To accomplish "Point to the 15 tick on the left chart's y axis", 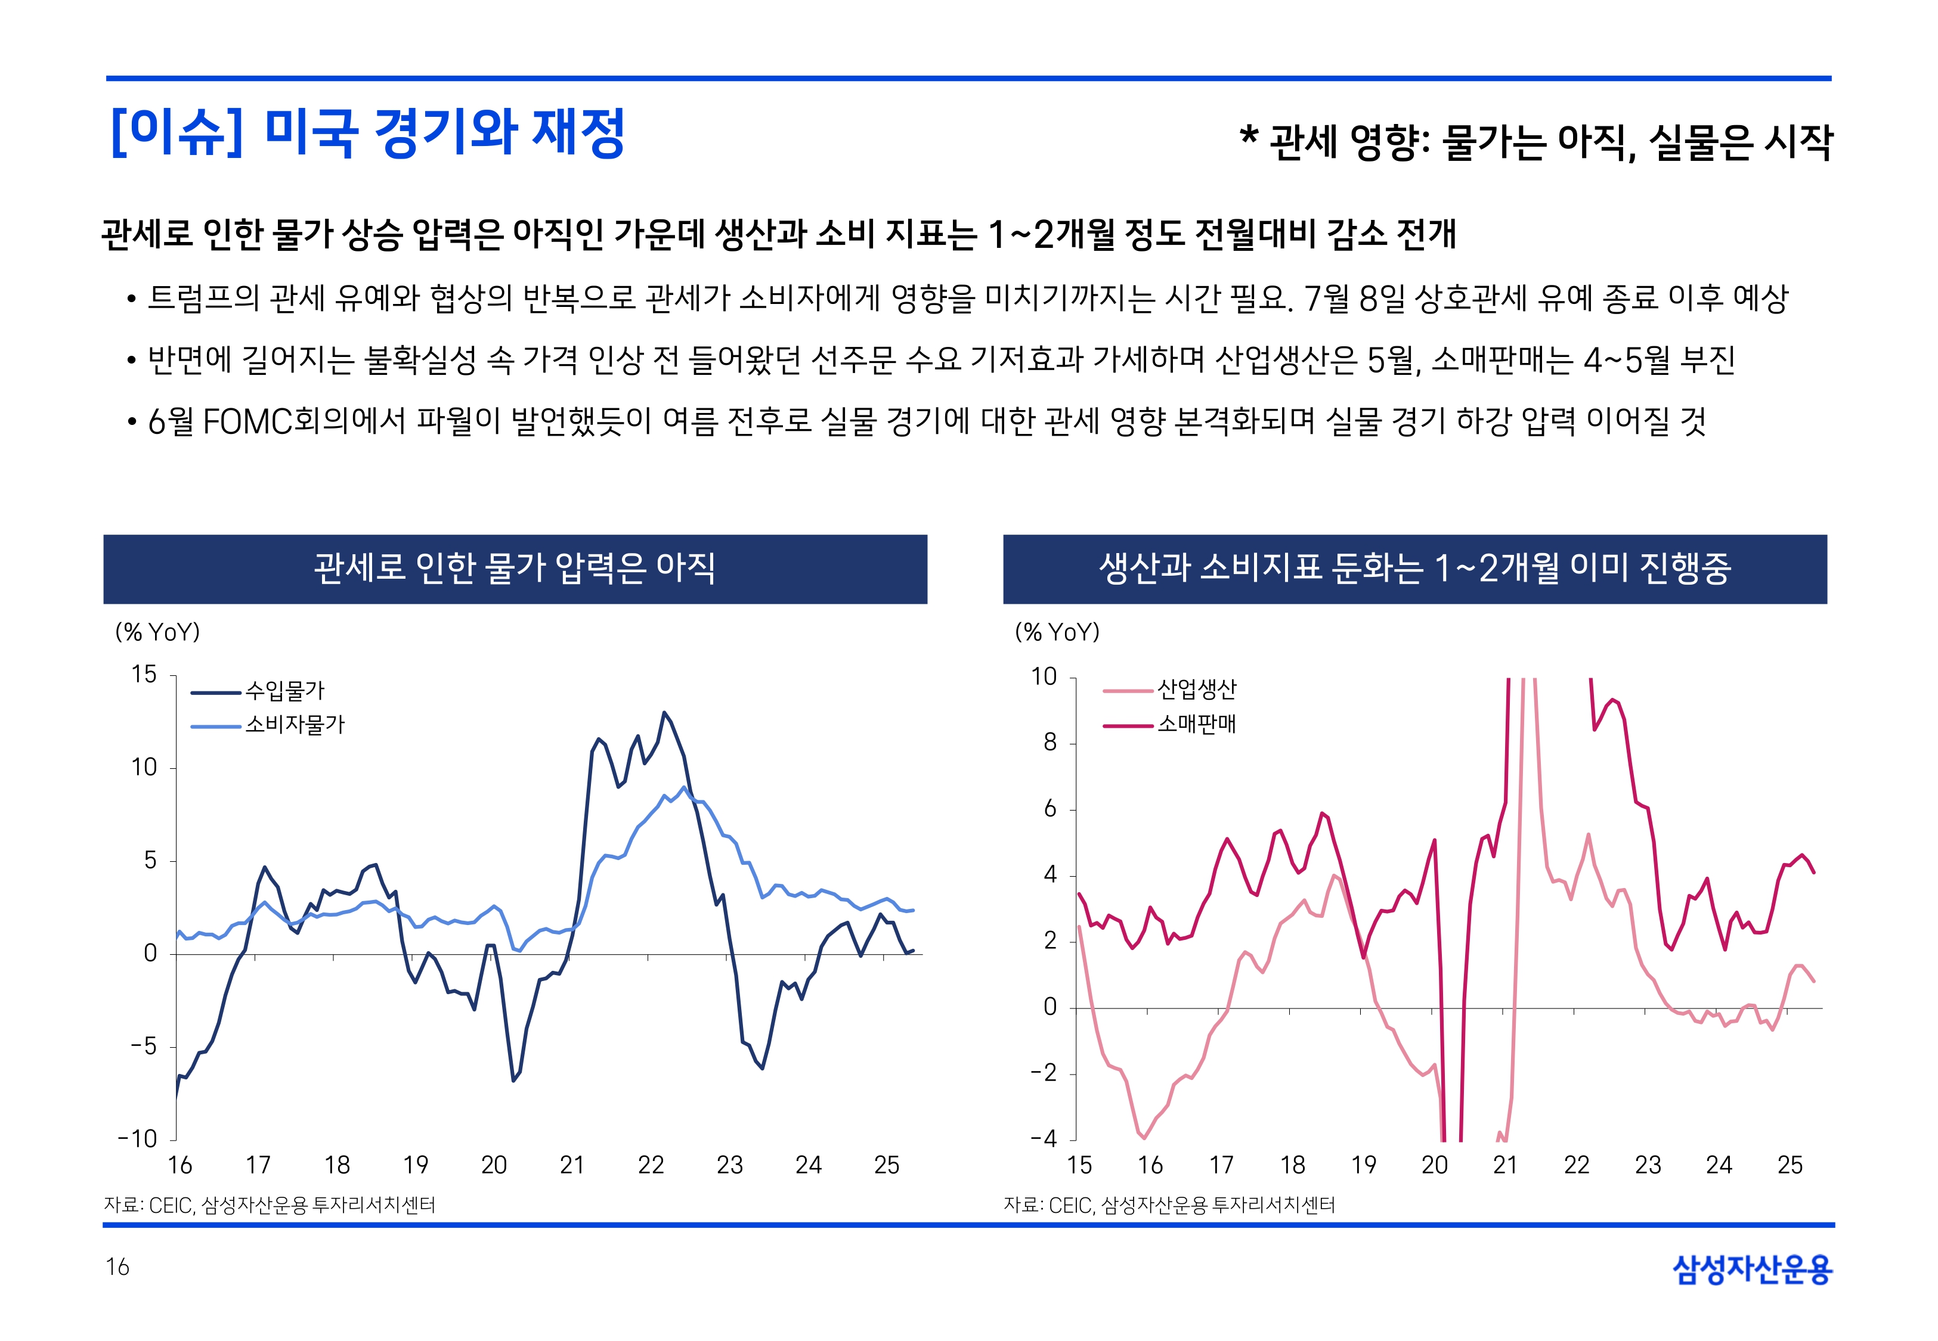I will click(144, 675).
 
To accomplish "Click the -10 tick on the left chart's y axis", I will click(138, 1140).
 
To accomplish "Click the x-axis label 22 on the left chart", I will click(651, 1165).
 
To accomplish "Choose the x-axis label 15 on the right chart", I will click(1079, 1165).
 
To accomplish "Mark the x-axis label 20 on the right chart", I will click(1435, 1165).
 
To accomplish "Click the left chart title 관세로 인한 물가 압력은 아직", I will click(515, 569).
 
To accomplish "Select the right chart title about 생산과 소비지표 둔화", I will click(1414, 569).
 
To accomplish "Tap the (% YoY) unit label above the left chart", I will click(157, 632).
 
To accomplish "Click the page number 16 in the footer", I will click(117, 1267).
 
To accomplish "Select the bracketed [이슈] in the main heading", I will click(177, 133).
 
